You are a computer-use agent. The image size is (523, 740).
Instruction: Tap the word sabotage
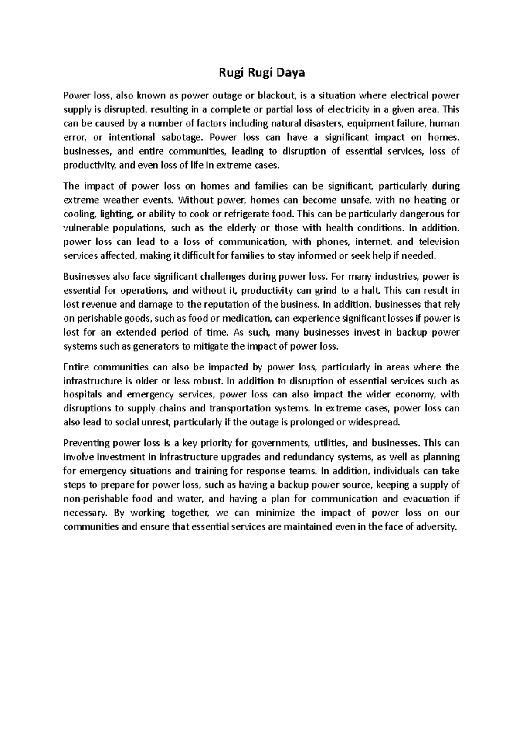coord(183,137)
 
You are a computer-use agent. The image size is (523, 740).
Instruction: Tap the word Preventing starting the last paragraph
coord(86,443)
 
